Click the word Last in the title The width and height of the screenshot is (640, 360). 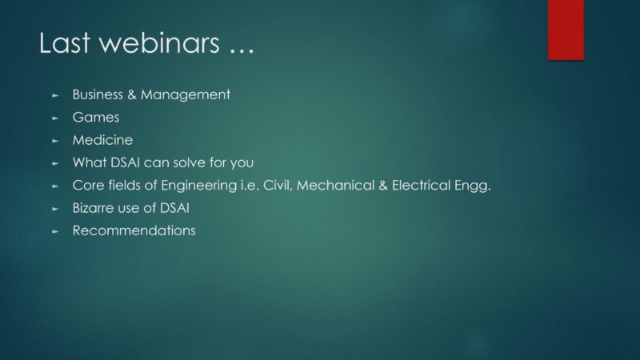tap(64, 42)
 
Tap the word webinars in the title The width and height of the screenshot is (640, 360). tap(159, 42)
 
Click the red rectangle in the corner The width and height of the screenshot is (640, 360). tap(566, 30)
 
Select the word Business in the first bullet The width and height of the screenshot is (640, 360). tap(98, 94)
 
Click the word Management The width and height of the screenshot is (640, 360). tap(186, 95)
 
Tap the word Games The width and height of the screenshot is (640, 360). tap(96, 118)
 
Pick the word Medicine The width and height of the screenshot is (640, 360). tap(102, 140)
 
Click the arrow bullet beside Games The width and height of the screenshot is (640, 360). tap(55, 118)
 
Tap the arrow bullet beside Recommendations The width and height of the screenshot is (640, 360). tap(55, 231)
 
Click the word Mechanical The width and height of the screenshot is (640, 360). tap(335, 186)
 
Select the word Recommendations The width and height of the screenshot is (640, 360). tap(134, 230)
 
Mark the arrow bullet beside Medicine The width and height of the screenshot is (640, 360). tap(55, 141)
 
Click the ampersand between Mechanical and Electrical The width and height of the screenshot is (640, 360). tap(383, 186)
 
